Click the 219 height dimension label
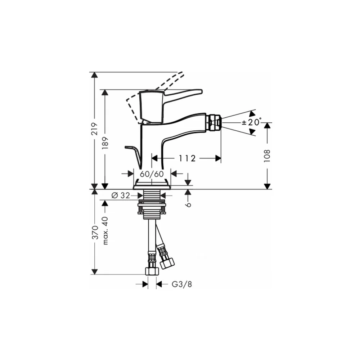click(x=95, y=129)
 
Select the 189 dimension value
click(x=105, y=143)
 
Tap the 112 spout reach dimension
click(x=187, y=158)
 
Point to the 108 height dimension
click(x=267, y=156)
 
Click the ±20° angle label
click(x=252, y=122)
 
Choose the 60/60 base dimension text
click(x=152, y=174)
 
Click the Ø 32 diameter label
click(x=121, y=195)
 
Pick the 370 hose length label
click(x=95, y=232)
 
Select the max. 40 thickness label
click(x=105, y=230)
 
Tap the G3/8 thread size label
click(x=182, y=284)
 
